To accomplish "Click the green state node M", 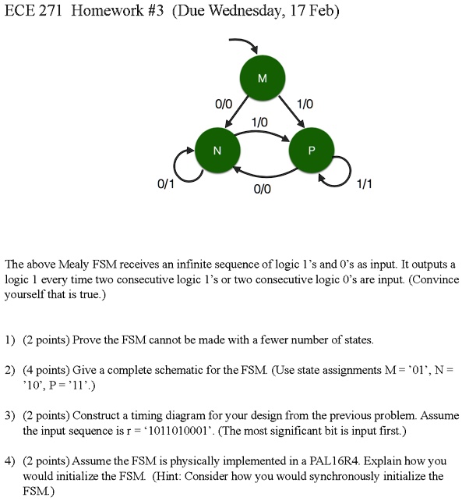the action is (263, 78).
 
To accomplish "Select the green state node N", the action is (217, 150).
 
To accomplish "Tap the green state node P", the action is (312, 150).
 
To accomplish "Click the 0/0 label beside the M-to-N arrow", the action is (224, 104).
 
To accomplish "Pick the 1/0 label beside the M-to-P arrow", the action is (305, 104).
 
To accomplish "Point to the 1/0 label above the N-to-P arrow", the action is (259, 122).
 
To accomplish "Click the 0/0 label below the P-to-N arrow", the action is (263, 189).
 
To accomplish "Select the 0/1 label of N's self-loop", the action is (166, 183).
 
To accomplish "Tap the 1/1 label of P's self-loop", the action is (364, 183).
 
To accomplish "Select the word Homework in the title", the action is (108, 11).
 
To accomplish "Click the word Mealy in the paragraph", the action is (75, 265).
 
